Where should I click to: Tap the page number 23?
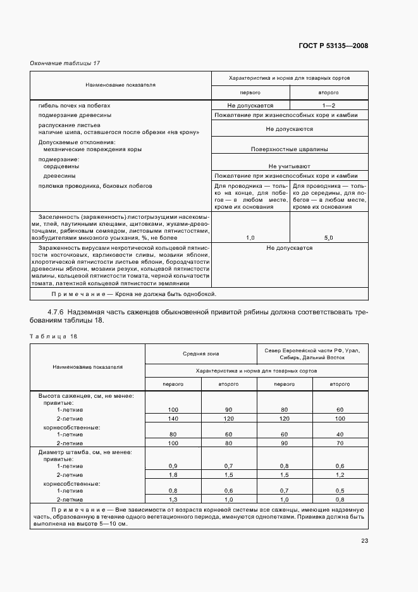pos(364,540)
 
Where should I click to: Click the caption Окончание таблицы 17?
pos(65,63)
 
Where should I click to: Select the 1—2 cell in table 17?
pos(328,106)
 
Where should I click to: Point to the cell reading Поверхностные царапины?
pos(289,150)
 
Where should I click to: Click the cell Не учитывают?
pos(289,164)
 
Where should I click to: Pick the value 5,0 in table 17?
pos(328,237)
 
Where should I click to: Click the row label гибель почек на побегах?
pos(74,106)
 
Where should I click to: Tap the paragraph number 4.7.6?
pos(58,312)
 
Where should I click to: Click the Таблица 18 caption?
pos(54,336)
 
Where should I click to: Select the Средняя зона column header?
pos(201,354)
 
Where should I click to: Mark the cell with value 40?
pos(341,435)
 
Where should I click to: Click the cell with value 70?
pos(341,443)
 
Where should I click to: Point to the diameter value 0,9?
pos(173,466)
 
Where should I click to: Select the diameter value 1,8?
pos(173,474)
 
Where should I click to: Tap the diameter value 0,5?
pos(341,490)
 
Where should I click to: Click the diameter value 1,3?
pos(173,499)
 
